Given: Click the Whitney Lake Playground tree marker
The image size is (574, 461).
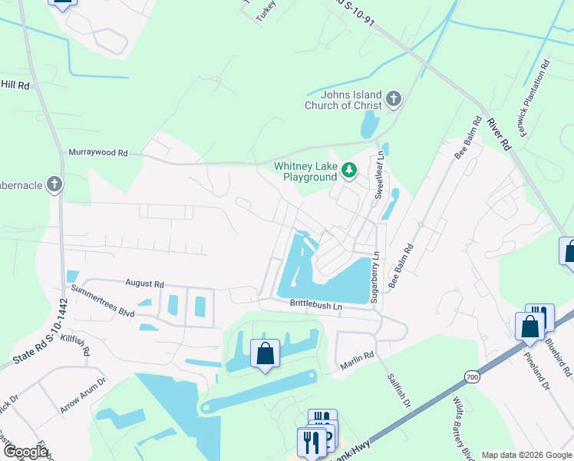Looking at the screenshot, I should click(x=349, y=170).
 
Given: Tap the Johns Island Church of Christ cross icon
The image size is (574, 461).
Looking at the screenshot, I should click(x=394, y=98).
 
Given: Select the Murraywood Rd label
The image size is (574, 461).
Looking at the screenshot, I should click(x=98, y=153).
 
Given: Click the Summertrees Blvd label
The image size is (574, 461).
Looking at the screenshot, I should click(x=103, y=303).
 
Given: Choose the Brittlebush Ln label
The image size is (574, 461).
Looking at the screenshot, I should click(x=315, y=305).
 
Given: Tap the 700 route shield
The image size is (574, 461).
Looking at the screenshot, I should click(x=472, y=376).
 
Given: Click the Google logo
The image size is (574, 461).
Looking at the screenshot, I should click(x=26, y=452).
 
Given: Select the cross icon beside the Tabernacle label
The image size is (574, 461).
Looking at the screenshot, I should click(x=53, y=184).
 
